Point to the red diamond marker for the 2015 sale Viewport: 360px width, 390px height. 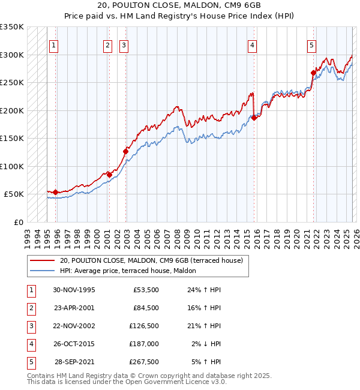click(254, 118)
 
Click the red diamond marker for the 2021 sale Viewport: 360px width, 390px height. click(313, 73)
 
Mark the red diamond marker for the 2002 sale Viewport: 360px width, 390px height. click(126, 151)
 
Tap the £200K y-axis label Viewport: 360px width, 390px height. click(11, 110)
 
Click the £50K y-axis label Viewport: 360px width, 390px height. click(14, 194)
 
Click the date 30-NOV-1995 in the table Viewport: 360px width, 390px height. click(74, 290)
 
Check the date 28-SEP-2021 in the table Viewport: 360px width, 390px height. click(74, 362)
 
